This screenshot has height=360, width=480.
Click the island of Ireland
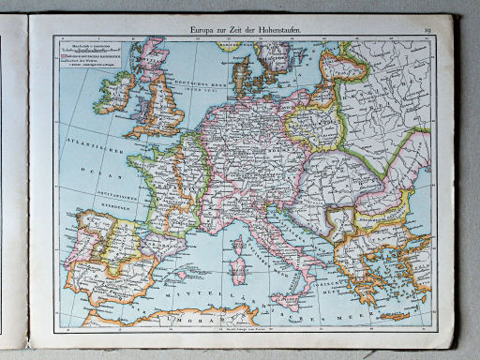pos(117,92)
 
